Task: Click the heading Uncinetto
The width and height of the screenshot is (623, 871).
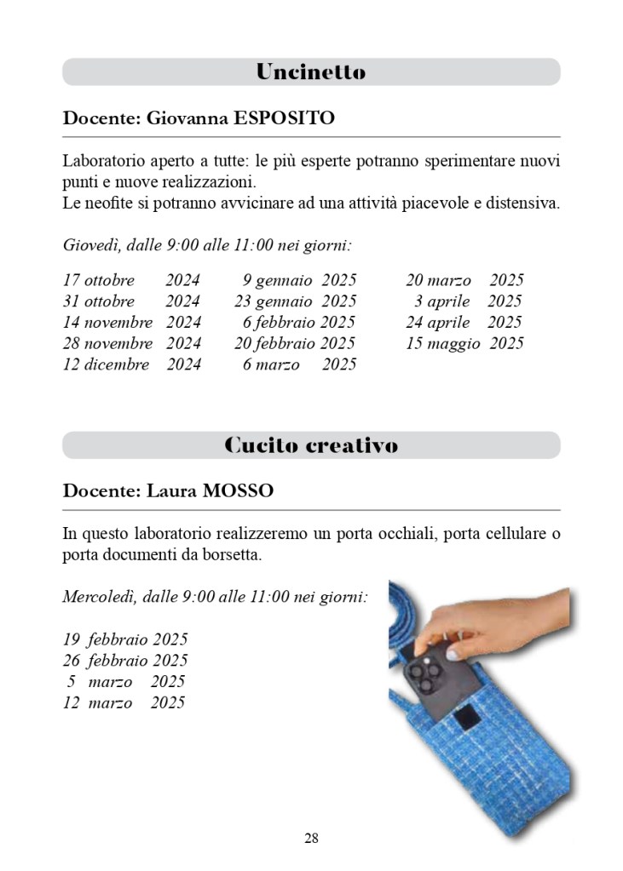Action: [x=311, y=72]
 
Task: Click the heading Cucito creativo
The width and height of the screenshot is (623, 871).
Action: [x=311, y=445]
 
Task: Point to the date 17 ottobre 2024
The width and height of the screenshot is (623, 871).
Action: [x=131, y=280]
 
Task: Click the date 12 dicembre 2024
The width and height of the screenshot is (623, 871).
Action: [x=131, y=364]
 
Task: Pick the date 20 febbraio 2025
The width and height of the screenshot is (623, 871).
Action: [x=295, y=343]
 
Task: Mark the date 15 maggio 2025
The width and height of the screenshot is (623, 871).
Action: [x=464, y=343]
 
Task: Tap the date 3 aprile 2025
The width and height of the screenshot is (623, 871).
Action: [x=468, y=301]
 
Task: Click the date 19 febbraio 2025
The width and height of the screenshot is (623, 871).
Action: [x=125, y=639]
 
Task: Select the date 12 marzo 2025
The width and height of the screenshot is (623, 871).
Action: [x=124, y=702]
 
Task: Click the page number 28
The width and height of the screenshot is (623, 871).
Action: [x=311, y=838]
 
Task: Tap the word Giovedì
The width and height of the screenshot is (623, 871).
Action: [x=90, y=246]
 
